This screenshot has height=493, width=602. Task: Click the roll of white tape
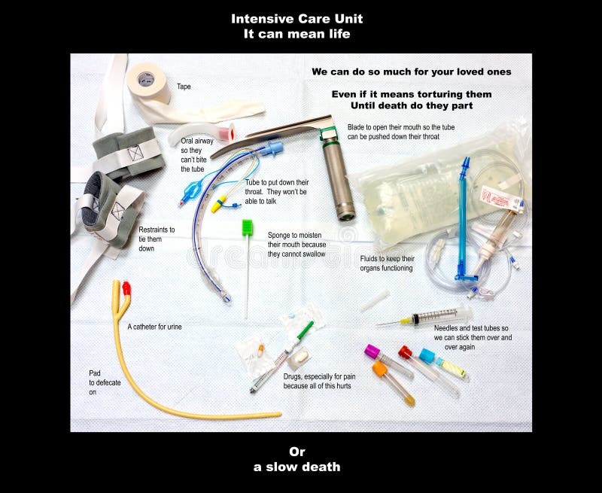click(x=148, y=82)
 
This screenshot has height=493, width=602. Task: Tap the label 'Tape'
click(x=184, y=87)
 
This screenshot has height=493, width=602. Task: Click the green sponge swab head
click(x=247, y=227)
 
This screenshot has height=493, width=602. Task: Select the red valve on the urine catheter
click(x=126, y=288)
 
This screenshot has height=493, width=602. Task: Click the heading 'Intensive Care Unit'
click(x=296, y=18)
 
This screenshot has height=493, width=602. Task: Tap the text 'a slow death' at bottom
click(x=296, y=467)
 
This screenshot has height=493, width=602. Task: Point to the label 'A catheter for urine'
click(x=154, y=327)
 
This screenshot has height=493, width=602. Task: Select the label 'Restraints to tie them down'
click(x=157, y=239)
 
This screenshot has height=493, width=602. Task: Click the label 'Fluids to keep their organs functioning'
click(x=387, y=263)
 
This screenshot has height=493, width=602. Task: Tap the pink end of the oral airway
click(x=226, y=132)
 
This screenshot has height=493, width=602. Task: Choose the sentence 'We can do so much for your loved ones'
click(x=411, y=72)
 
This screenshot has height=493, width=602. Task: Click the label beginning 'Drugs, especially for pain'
click(x=317, y=381)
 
